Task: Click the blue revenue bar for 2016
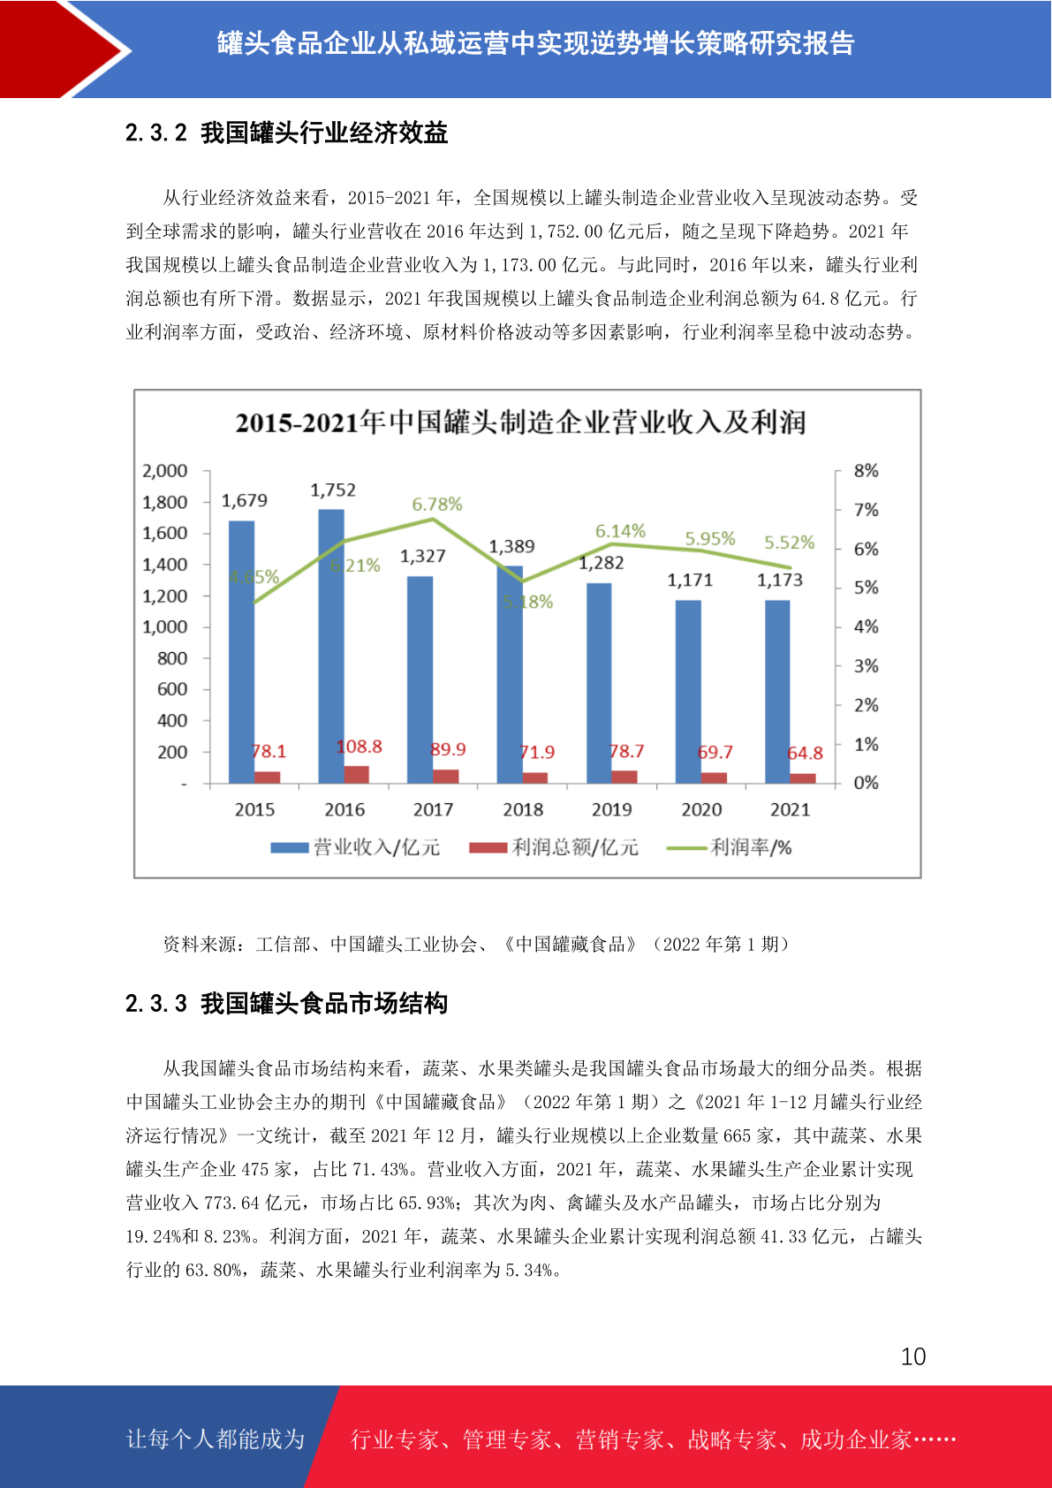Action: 331,646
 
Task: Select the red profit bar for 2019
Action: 624,778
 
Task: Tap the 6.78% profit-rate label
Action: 437,505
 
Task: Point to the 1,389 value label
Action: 511,546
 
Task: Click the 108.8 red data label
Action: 359,747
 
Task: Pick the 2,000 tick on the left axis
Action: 164,471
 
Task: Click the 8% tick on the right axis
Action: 866,471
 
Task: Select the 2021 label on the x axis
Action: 791,809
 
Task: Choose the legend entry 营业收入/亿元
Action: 355,847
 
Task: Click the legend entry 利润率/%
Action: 730,847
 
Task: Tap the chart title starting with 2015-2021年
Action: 520,422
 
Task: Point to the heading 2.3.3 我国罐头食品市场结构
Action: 286,1003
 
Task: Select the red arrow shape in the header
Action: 53,49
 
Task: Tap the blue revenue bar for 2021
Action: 777,692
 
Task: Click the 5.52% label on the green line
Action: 789,542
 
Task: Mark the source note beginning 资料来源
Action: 476,944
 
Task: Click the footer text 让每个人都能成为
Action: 216,1439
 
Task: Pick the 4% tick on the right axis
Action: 866,627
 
